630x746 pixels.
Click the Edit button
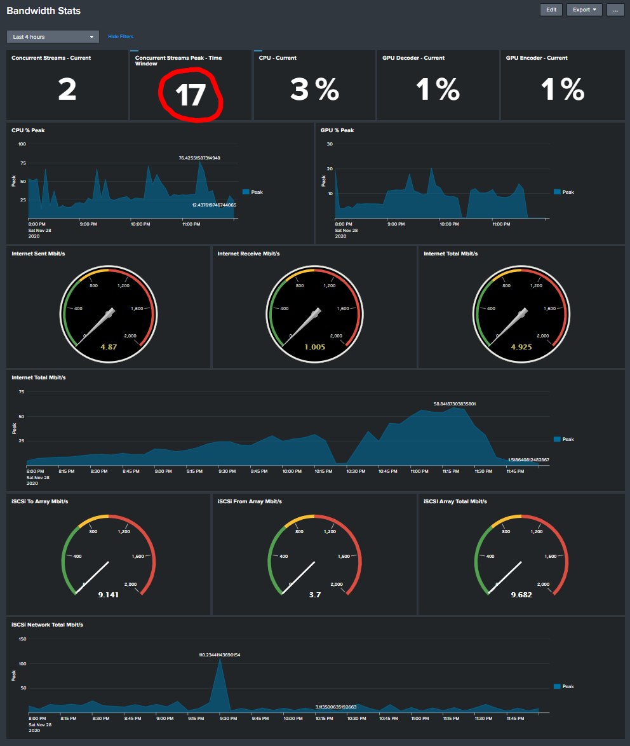click(551, 10)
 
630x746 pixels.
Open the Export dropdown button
click(584, 10)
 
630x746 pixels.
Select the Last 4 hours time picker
click(53, 37)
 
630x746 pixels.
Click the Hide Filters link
click(121, 37)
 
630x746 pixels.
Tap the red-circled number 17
click(191, 95)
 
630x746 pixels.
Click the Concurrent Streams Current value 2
click(67, 90)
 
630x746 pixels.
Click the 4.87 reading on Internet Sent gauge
click(109, 347)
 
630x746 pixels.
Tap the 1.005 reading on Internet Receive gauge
click(314, 347)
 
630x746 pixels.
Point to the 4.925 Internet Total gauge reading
click(521, 347)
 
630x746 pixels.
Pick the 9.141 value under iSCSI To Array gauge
click(109, 595)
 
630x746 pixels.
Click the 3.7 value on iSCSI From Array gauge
click(314, 595)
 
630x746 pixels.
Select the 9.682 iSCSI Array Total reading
click(521, 595)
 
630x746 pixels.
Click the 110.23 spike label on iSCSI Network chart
click(220, 654)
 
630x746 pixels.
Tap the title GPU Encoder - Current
click(536, 58)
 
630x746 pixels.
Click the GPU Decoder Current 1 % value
click(438, 90)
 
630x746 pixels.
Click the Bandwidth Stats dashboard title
click(44, 11)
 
